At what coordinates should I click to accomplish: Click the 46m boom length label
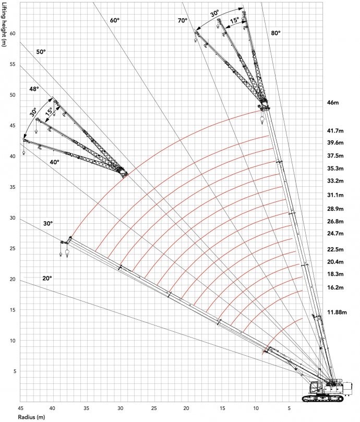[332, 103]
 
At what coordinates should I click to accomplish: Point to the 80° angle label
[276, 33]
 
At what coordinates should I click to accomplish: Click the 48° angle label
[34, 89]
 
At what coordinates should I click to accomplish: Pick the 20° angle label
[47, 279]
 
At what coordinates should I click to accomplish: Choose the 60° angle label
[115, 20]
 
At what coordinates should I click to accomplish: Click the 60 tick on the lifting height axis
[13, 33]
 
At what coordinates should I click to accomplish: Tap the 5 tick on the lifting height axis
[15, 371]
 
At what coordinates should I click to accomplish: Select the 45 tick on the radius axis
[21, 407]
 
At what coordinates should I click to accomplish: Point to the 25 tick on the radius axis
[154, 407]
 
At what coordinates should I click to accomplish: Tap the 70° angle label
[182, 21]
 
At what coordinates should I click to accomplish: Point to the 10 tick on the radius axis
[256, 407]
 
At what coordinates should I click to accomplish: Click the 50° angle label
[41, 52]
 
